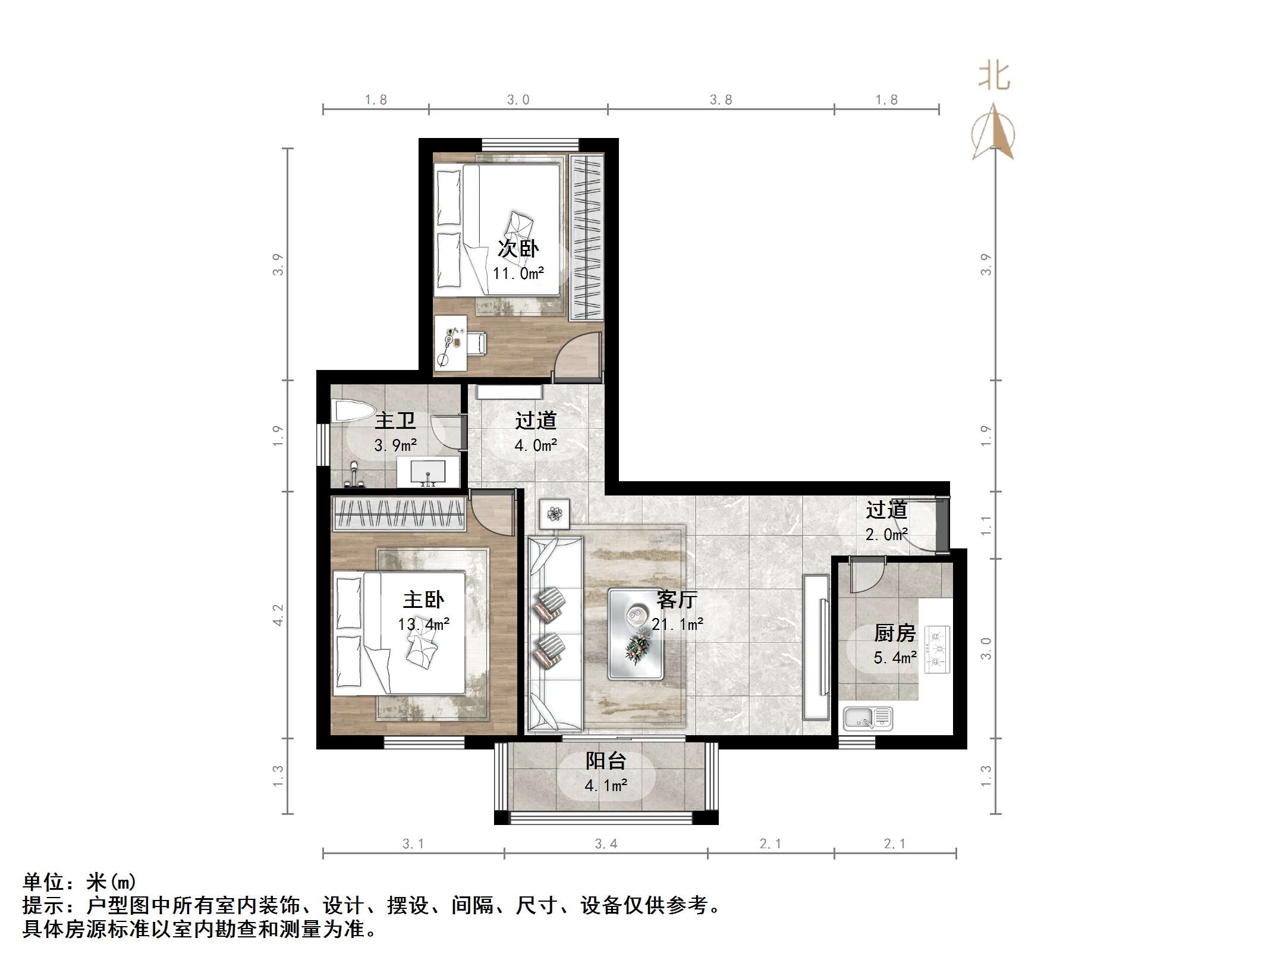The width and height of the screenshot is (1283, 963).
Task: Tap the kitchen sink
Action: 867,718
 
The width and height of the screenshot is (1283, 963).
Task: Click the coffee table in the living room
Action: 635,633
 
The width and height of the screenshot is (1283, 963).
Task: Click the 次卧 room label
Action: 518,249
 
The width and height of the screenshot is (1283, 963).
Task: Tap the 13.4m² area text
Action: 423,625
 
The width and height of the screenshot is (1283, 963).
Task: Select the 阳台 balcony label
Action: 605,761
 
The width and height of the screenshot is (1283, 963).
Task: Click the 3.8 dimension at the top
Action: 721,100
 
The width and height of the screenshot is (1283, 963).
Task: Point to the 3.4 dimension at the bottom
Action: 606,843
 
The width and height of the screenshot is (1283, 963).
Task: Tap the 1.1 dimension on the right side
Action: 986,525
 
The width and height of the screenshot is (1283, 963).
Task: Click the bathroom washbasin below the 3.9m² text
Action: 428,473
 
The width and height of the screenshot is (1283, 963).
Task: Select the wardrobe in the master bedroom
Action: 398,515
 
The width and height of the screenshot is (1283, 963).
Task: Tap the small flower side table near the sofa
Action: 554,513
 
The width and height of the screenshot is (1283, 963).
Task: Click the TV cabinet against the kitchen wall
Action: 816,647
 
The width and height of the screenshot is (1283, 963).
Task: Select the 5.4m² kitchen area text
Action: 894,658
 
